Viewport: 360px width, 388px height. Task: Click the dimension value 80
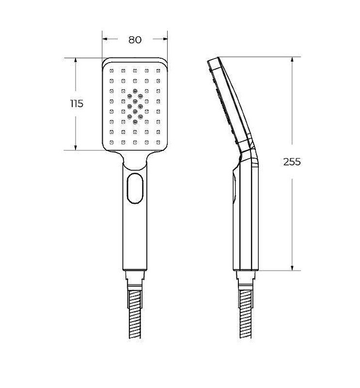[135, 40]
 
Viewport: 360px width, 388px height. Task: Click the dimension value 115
[77, 103]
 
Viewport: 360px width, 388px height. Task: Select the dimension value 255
[292, 162]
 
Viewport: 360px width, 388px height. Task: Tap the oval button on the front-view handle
[135, 189]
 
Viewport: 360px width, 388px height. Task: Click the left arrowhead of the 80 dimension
[105, 39]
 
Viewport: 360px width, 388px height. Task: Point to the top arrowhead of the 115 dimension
[76, 61]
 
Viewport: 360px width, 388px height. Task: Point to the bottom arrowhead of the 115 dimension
[76, 147]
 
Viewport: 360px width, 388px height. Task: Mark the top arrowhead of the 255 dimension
[292, 60]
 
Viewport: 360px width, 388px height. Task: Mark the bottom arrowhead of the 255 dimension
[292, 268]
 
